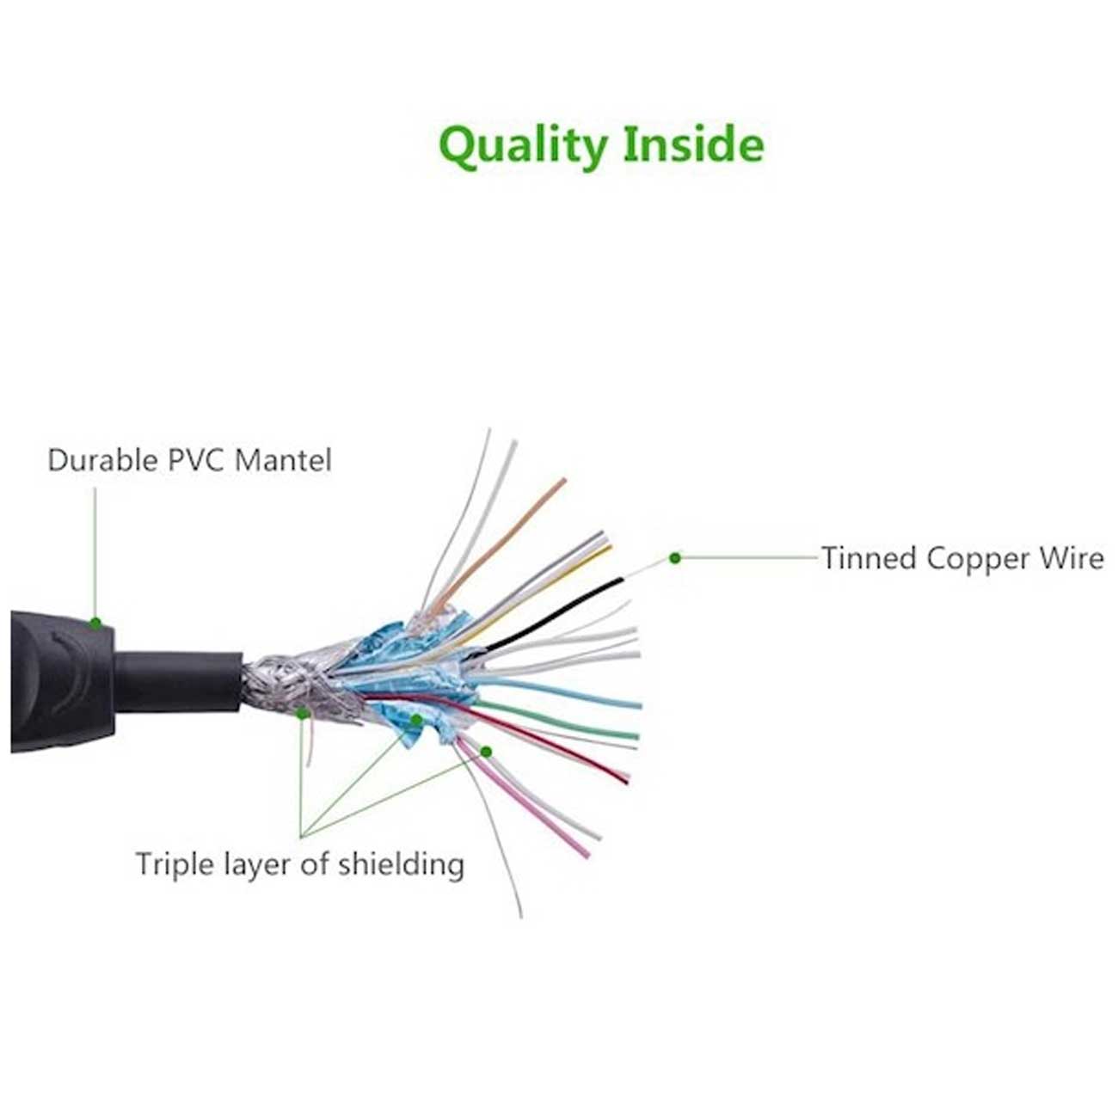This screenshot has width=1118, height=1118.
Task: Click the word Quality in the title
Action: click(x=522, y=146)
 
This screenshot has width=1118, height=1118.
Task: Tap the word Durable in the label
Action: click(x=102, y=460)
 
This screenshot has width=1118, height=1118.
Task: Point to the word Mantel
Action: click(x=283, y=460)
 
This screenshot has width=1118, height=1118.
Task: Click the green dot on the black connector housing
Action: click(x=95, y=623)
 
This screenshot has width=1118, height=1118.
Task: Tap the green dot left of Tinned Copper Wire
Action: click(x=675, y=557)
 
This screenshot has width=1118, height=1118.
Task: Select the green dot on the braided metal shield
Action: click(x=302, y=714)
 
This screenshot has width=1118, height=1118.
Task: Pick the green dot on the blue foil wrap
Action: click(x=416, y=720)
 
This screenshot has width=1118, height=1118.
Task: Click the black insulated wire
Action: click(x=554, y=614)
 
